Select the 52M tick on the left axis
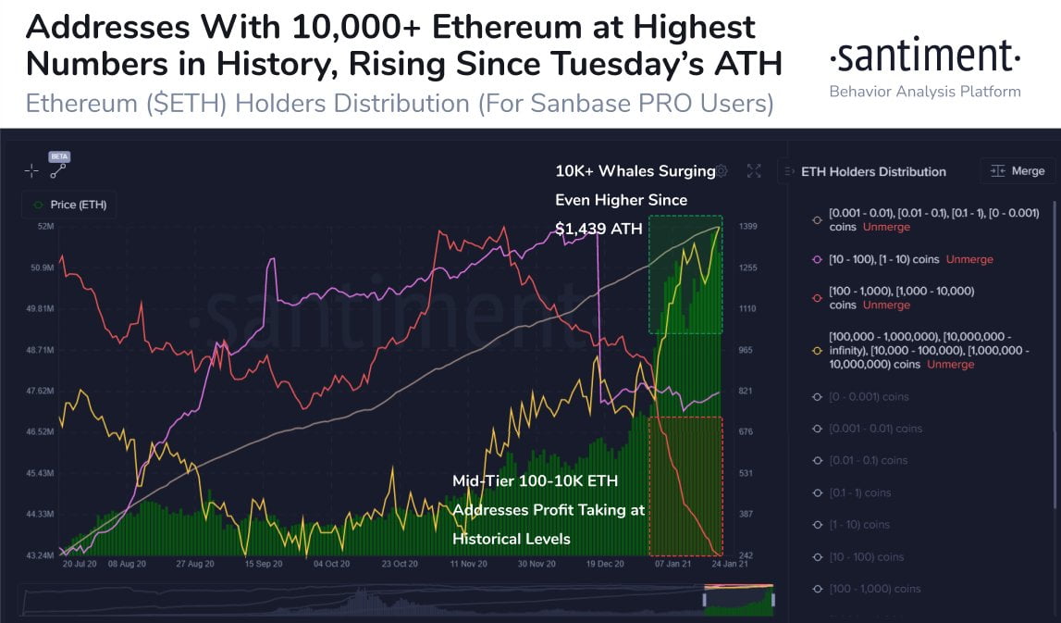coord(43,227)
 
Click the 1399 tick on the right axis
coord(749,227)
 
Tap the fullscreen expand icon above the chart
coord(754,170)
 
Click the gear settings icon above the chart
coord(722,171)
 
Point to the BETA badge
coord(60,157)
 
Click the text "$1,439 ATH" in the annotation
coord(598,229)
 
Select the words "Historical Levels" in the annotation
coord(512,539)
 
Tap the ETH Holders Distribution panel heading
coord(873,171)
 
